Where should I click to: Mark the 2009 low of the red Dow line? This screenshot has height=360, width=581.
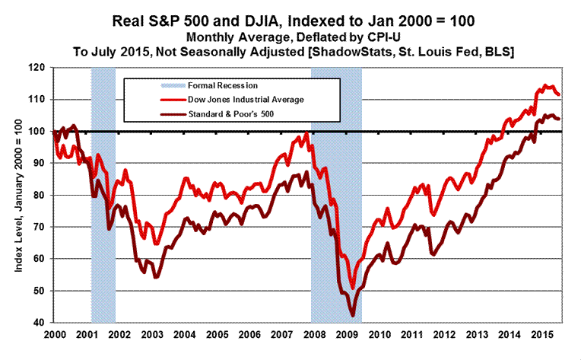point(353,288)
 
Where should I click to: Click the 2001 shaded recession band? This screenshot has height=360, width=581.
point(103,194)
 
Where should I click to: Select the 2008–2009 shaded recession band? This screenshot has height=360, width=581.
point(336,194)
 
